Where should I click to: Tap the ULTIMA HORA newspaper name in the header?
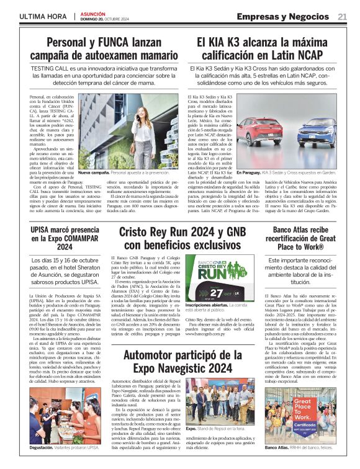[x=42, y=16]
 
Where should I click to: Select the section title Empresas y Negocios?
[x=284, y=16]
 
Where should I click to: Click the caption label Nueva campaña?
[x=92, y=171]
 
